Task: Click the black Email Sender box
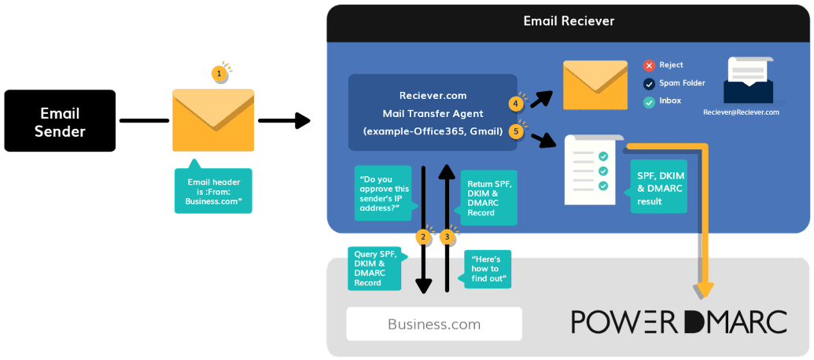[x=60, y=120]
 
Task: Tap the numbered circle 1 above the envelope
[x=220, y=73]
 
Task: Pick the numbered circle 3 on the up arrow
[x=448, y=236]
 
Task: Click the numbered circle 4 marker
[x=517, y=103]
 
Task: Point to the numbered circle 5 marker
[x=517, y=131]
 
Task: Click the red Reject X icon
[x=649, y=65]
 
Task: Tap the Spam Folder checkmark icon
[x=649, y=83]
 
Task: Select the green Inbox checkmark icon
[x=649, y=101]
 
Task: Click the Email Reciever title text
[x=569, y=21]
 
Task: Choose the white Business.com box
[x=433, y=324]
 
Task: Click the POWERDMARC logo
[x=679, y=321]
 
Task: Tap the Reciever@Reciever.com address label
[x=741, y=112]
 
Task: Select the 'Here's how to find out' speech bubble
[x=488, y=269]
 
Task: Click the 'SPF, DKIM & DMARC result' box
[x=658, y=186]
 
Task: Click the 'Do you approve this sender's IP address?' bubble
[x=383, y=193]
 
